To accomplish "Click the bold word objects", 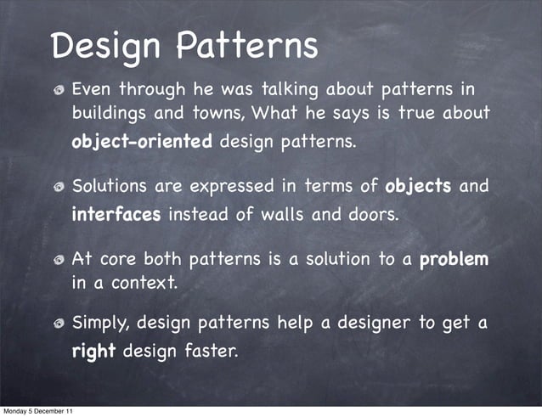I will (x=418, y=186).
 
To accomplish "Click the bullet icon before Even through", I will (x=59, y=89).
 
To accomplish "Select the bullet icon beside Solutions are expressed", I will (x=59, y=187).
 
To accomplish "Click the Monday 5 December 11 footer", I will (x=37, y=411).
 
